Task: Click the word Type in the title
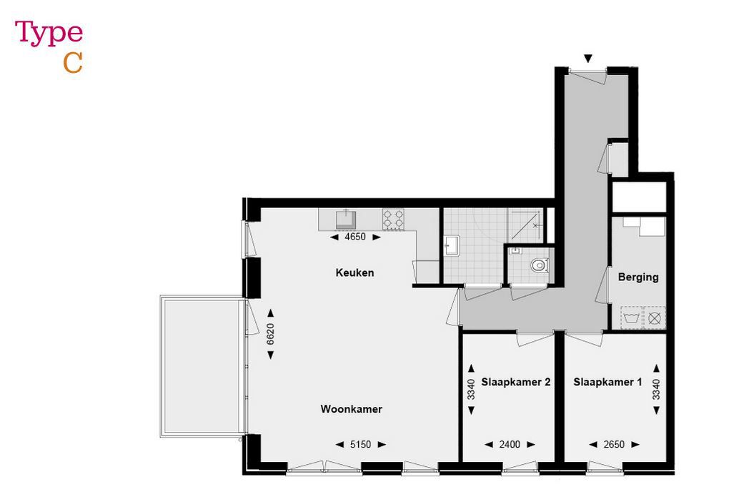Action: pos(49,34)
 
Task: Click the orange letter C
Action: pos(73,63)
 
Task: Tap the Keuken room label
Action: pos(354,272)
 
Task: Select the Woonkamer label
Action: pos(351,409)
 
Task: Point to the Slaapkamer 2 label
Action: pos(515,382)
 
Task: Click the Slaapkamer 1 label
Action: pos(607,382)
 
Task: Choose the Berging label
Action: pos(638,277)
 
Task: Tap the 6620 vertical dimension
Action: pos(270,334)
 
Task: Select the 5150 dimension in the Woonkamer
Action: pos(361,444)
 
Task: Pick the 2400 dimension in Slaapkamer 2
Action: pos(510,444)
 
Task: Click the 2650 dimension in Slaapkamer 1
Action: pos(614,444)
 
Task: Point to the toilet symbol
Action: pos(539,264)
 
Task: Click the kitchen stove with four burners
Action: pos(393,219)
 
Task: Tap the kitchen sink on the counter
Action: pos(347,217)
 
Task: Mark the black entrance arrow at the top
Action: pos(588,59)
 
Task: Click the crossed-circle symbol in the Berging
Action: pos(655,317)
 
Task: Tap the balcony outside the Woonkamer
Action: pos(202,366)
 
